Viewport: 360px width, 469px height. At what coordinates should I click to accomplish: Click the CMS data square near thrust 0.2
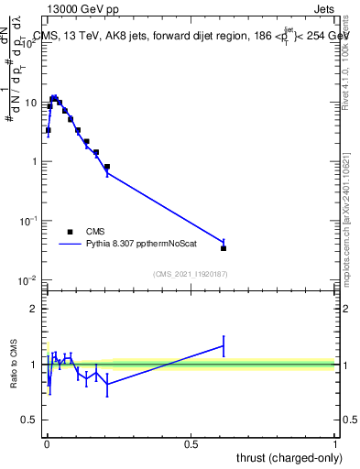(107, 168)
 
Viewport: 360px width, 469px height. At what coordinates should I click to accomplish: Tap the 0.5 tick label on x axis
(191, 443)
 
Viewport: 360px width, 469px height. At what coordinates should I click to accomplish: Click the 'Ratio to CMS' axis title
(14, 365)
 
